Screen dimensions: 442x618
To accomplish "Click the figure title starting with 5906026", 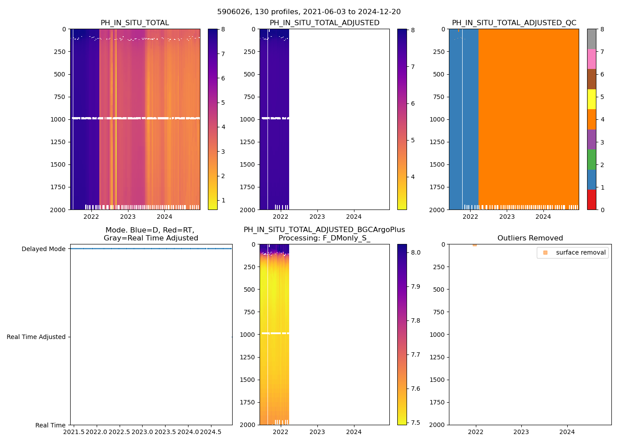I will [309, 12].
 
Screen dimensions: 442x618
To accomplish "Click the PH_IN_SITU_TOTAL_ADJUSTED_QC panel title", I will [514, 23].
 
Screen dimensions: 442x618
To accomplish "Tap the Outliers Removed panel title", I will [530, 238].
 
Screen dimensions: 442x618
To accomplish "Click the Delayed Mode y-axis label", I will [43, 249].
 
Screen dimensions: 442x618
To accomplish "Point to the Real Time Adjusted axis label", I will [36, 337].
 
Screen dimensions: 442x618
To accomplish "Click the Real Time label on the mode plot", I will [50, 425].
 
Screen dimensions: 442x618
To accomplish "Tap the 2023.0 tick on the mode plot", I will [143, 431].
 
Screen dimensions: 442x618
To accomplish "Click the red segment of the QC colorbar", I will [592, 200].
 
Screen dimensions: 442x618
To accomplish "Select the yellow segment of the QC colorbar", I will [592, 99].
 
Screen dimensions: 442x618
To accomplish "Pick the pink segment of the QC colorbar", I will [592, 59].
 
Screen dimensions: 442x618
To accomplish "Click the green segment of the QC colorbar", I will [592, 160].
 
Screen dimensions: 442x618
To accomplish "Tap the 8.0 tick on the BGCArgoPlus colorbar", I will [416, 253].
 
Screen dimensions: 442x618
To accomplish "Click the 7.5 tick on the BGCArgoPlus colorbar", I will [416, 423].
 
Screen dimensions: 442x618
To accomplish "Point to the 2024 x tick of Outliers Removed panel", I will [567, 431].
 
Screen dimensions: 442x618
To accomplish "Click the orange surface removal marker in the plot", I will [475, 244].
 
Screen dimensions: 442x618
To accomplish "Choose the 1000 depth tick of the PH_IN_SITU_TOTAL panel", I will [58, 119].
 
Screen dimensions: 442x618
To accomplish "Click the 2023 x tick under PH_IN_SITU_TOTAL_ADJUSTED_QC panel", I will [507, 217].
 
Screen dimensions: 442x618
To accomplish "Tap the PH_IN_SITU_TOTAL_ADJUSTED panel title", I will [324, 23].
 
